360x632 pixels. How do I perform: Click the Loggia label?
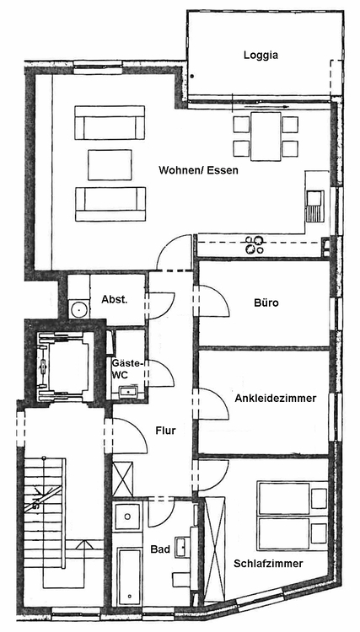[261, 56]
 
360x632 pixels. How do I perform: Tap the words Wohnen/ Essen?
[198, 170]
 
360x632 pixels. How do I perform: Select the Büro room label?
[266, 303]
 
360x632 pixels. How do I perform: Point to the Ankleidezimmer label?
[276, 399]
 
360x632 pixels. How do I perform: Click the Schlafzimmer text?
[268, 564]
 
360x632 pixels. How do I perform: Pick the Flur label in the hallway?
[166, 431]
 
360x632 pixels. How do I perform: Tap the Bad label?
[160, 549]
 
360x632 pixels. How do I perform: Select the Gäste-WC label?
[126, 369]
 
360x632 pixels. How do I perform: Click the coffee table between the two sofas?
[110, 165]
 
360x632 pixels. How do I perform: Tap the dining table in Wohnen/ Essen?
[266, 137]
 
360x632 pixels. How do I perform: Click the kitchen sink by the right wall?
[314, 206]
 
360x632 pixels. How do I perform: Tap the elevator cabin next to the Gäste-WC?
[65, 367]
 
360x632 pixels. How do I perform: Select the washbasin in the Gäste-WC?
[128, 390]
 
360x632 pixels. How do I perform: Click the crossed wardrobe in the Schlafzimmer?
[214, 549]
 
